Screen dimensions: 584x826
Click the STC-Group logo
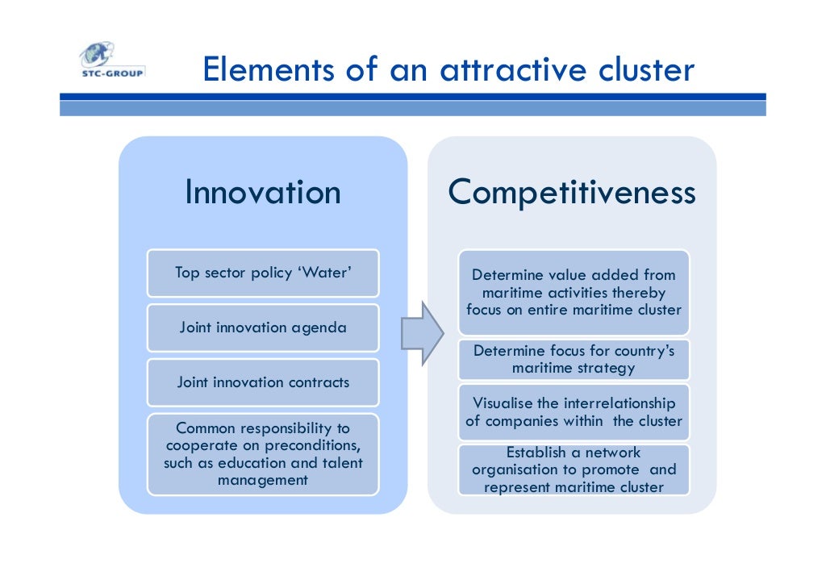click(111, 60)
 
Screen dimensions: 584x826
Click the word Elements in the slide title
click(267, 70)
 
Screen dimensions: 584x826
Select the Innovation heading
click(263, 193)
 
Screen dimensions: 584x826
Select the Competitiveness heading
click(572, 193)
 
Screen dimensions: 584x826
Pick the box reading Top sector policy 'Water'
click(263, 273)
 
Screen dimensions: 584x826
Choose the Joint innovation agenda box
click(263, 327)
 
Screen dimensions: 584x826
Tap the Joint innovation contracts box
click(263, 382)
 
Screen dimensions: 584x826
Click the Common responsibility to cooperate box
click(263, 454)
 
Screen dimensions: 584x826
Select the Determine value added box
click(574, 292)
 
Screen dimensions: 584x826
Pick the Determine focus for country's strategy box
click(574, 360)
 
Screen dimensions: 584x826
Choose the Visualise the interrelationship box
click(574, 411)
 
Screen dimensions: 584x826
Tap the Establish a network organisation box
click(574, 469)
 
